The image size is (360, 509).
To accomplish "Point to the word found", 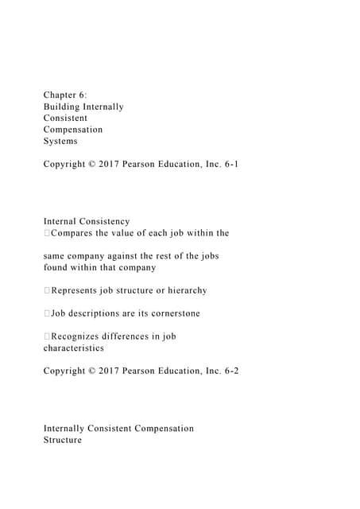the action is click(56, 267).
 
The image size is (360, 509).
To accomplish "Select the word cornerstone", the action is click(172, 313).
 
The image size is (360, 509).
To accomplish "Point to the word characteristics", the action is click(73, 348).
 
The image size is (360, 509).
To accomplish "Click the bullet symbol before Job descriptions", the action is click(47, 313).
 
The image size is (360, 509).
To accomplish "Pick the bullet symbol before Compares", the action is click(47, 233).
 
